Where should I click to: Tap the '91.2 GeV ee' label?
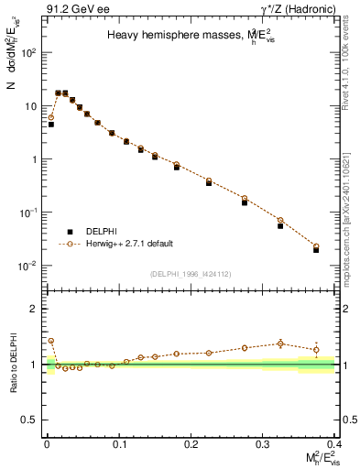coord(72,8)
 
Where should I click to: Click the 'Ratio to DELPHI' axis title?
coord(14,364)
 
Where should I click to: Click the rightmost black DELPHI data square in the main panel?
coord(316,249)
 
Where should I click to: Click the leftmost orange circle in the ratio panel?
coord(51,341)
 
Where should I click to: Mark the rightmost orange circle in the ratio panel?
coord(316,349)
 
